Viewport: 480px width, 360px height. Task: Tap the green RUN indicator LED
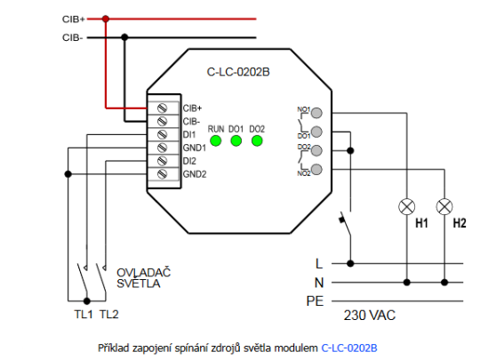coord(215,140)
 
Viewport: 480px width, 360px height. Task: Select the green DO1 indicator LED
coord(236,140)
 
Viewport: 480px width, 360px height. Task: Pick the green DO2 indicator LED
coord(257,140)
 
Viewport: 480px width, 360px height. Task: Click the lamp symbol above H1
coord(408,206)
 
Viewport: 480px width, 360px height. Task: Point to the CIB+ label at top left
coord(74,18)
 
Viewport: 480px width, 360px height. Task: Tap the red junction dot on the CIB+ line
coord(105,18)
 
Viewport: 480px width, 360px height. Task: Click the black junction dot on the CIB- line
coord(125,37)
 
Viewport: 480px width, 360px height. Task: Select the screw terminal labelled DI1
coord(163,133)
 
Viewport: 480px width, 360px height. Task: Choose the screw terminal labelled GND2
coord(163,174)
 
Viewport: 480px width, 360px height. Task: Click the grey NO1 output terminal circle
coord(314,113)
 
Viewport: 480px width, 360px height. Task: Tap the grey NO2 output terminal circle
coord(314,168)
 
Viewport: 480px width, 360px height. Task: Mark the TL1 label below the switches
coord(83,315)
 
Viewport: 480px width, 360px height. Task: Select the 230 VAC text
coord(370,315)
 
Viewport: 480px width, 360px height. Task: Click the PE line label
coord(314,301)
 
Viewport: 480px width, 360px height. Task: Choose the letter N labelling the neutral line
coord(318,283)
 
